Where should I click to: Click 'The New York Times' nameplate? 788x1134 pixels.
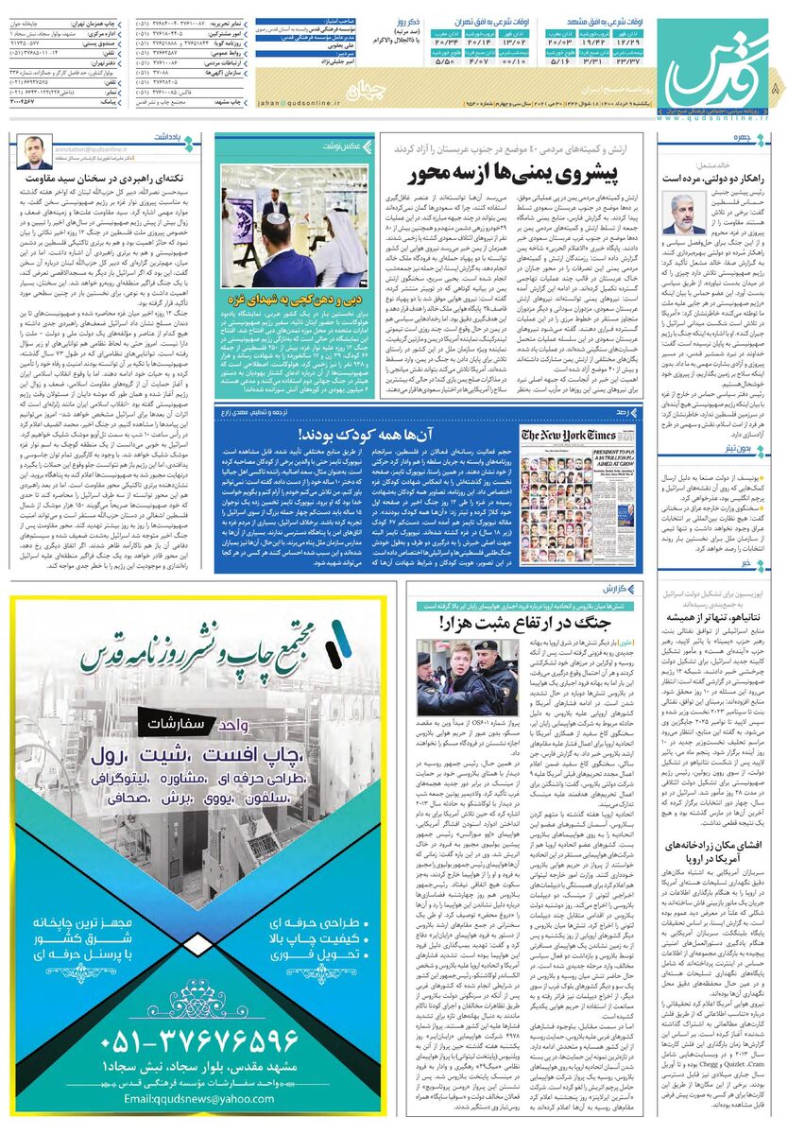click(570, 436)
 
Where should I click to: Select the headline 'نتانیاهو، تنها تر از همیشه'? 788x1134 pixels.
click(713, 616)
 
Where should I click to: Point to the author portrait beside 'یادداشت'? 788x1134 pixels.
click(34, 150)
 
